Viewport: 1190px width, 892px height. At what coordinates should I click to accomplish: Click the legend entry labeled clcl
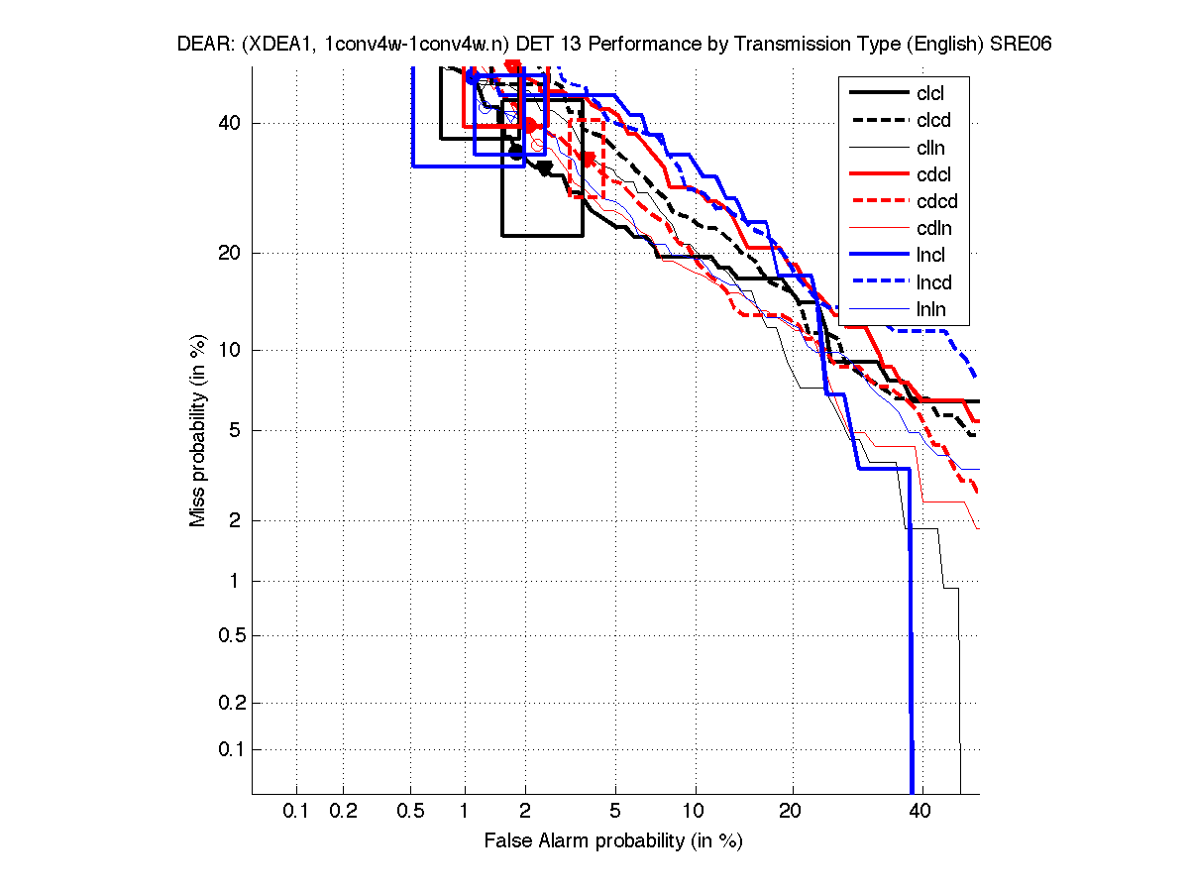pos(930,93)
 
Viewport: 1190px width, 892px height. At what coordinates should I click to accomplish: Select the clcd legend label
pos(931,120)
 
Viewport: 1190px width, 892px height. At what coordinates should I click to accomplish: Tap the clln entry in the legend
pos(930,148)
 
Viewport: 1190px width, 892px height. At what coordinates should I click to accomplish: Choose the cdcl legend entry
pos(931,174)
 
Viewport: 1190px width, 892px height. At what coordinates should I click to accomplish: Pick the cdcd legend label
pos(936,201)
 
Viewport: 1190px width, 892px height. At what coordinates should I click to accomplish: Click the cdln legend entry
pos(931,229)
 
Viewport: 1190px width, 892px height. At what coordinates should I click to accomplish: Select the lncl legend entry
pos(931,256)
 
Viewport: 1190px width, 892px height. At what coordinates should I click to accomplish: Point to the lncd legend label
pos(934,282)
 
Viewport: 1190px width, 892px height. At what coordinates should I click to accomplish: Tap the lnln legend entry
pos(931,310)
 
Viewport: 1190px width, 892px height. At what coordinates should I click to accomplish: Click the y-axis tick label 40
pos(229,123)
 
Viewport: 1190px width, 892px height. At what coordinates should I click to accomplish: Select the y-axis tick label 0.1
pos(225,749)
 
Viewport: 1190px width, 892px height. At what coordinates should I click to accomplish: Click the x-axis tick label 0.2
pos(343,812)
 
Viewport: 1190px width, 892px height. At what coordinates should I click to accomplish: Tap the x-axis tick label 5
pos(615,812)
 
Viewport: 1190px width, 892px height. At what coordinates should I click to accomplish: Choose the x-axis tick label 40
pos(921,812)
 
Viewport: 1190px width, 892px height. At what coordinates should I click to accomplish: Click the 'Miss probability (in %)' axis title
pos(198,429)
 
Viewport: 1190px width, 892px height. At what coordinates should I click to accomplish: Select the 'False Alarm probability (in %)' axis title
pos(613,841)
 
